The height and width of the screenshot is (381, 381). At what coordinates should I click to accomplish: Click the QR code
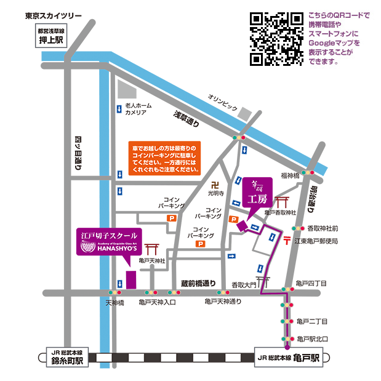276,39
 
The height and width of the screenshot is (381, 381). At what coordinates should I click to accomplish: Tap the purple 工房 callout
255,193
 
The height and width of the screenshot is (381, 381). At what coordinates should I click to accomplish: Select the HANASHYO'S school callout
109,243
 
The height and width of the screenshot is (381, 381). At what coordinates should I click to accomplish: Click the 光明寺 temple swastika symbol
214,184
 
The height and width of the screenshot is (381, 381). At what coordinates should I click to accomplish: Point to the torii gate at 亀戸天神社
151,250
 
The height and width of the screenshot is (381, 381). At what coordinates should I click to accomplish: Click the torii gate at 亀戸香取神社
283,203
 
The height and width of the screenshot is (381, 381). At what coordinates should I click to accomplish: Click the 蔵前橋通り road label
198,283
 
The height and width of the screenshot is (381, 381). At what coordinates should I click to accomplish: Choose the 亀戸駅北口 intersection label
312,339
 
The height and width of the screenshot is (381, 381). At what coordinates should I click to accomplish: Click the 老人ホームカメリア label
135,109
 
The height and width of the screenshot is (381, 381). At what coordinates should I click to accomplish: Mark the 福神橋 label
289,176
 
